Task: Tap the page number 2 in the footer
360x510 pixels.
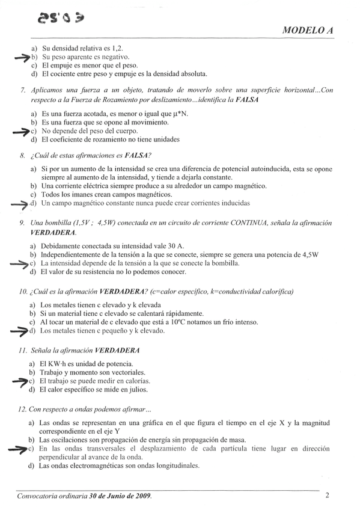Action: point(327,496)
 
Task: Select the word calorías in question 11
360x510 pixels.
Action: point(135,381)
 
